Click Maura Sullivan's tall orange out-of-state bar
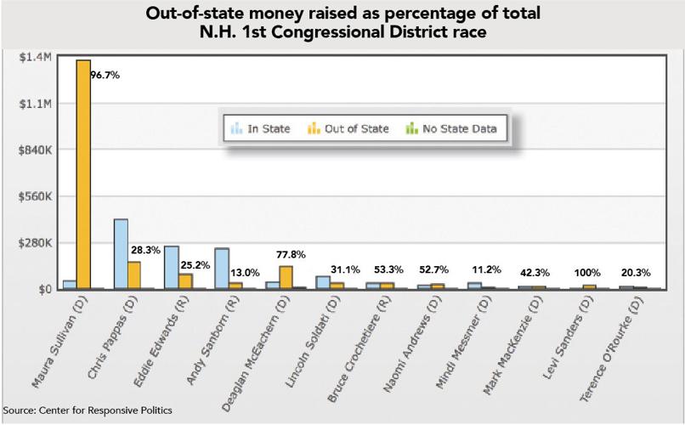(83, 174)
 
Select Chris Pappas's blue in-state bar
(121, 254)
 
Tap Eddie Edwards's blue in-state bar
(172, 268)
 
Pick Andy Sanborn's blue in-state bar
(222, 269)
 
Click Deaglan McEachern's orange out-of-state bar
(286, 278)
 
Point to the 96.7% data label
(105, 76)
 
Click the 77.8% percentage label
(292, 254)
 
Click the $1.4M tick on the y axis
(36, 57)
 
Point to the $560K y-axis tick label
(36, 196)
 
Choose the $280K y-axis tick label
(36, 243)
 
